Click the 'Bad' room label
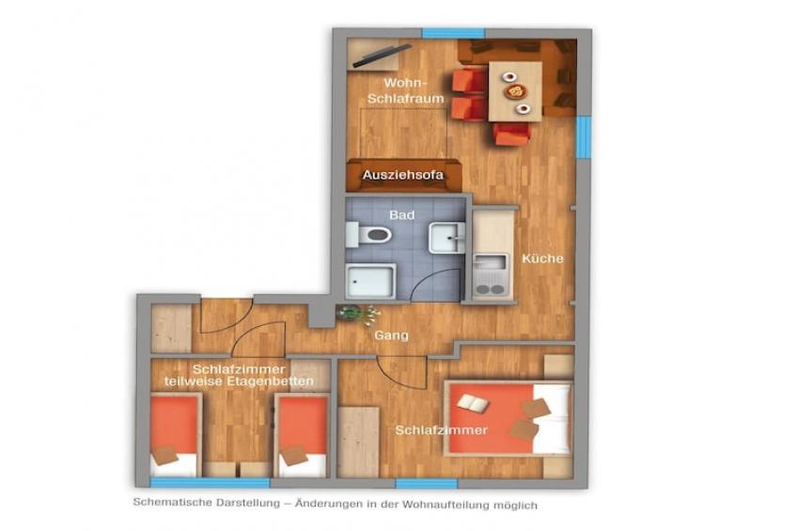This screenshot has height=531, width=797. (x=402, y=215)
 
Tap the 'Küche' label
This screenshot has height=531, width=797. (x=542, y=258)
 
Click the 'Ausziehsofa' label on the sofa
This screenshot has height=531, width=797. (x=402, y=175)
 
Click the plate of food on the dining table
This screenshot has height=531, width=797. (x=515, y=91)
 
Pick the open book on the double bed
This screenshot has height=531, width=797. (x=473, y=403)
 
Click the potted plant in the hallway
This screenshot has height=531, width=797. (x=350, y=312)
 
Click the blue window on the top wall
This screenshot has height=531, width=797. (x=439, y=34)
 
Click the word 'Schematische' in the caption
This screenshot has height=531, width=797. (x=170, y=505)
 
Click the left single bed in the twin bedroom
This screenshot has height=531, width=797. (x=175, y=434)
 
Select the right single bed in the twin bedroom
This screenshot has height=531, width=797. (x=301, y=434)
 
